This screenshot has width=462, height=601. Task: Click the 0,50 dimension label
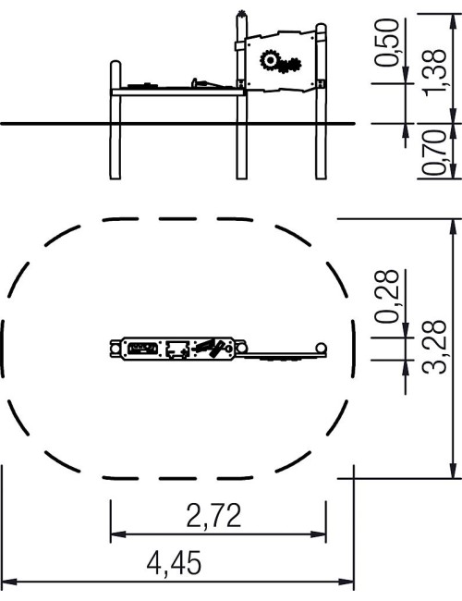point(387,43)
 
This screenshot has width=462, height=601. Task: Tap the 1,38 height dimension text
point(434,70)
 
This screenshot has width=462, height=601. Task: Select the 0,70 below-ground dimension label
point(434,153)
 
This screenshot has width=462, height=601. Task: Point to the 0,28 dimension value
point(387,296)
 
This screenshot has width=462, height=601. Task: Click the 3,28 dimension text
point(434,346)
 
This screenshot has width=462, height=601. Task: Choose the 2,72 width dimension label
point(213,516)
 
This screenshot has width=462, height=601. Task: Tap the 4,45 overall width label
point(174,562)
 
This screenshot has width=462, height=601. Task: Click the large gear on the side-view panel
point(271,60)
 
